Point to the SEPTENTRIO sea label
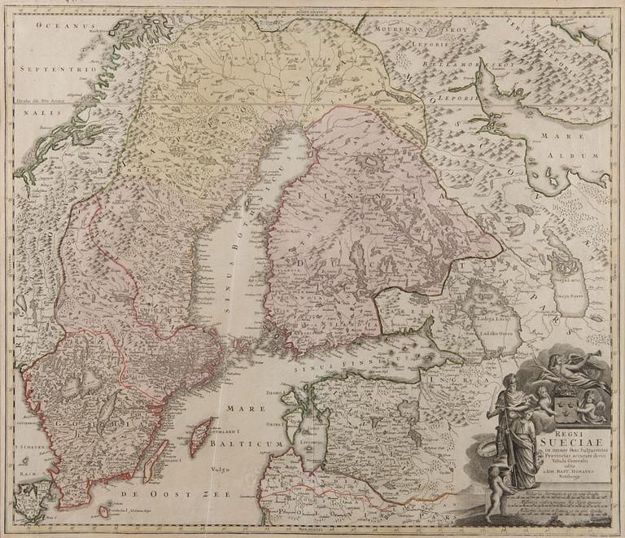pos(44,71)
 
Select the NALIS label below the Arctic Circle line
pos(29,116)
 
